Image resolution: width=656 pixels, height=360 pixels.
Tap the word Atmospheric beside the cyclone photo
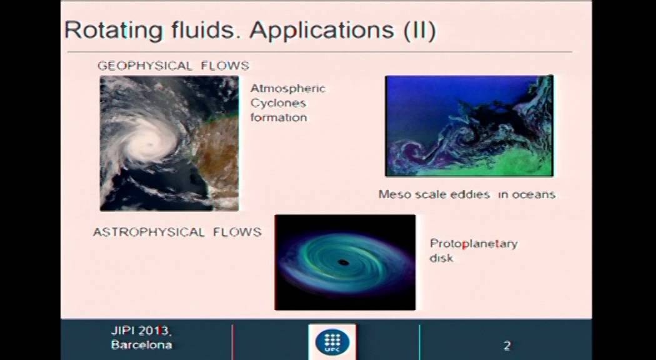287,88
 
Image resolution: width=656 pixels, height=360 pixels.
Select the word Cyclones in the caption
278,102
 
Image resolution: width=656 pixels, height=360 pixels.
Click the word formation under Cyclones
278,117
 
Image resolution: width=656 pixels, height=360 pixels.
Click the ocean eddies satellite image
469,126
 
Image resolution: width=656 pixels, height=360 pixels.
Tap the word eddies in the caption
469,194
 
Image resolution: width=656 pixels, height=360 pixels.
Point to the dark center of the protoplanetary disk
342,261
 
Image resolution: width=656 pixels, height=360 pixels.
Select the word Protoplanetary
474,244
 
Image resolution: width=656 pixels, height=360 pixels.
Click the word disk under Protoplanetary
441,258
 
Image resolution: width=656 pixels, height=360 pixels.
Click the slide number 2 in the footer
507,346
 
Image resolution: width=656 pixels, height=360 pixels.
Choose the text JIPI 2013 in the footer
140,331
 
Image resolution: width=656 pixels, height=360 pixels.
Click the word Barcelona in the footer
141,345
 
